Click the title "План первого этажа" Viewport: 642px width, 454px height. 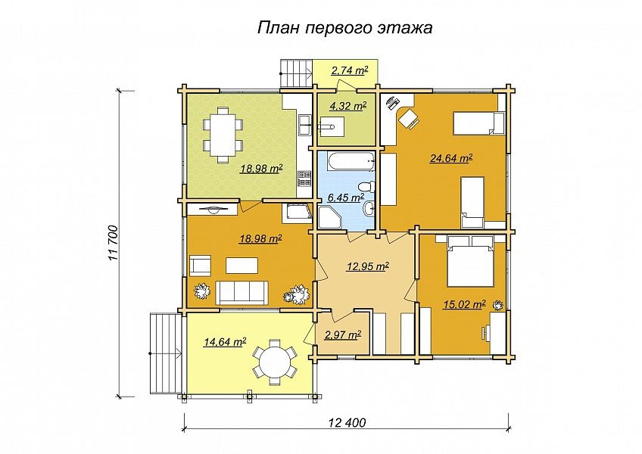coord(344,28)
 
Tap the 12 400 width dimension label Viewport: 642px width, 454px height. coord(347,422)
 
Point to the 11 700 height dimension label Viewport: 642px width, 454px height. coord(113,244)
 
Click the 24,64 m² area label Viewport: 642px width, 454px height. coord(451,158)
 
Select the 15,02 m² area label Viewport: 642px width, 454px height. coord(465,305)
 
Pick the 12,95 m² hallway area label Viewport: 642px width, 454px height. coord(368,267)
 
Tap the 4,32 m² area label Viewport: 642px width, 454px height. coord(348,107)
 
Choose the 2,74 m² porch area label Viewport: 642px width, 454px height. coord(349,71)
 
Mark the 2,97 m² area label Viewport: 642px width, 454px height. coord(343,335)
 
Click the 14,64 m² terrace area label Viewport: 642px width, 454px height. coord(225,342)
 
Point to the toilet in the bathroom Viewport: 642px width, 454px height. coord(366,187)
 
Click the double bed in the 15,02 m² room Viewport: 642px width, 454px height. coord(469,261)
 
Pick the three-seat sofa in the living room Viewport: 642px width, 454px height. coord(242,293)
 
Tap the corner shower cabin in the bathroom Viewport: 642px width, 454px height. coord(329,218)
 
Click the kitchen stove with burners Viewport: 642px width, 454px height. coord(304,178)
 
